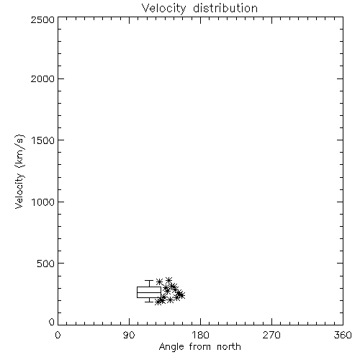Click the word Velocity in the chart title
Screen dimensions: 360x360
(164, 9)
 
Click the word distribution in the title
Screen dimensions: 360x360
(225, 8)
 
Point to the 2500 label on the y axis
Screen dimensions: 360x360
(42, 19)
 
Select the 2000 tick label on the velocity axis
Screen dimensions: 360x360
(42, 78)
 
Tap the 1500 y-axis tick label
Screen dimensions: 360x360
(43, 140)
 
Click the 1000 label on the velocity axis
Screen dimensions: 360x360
(43, 202)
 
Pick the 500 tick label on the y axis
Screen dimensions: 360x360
(45, 264)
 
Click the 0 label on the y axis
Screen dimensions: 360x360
(52, 322)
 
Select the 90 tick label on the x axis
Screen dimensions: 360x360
(129, 335)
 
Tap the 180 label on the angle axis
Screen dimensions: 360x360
(200, 335)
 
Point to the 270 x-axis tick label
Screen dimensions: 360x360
(271, 335)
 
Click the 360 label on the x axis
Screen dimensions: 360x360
(343, 335)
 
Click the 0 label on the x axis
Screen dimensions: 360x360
(58, 335)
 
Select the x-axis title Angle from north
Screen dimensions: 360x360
(200, 347)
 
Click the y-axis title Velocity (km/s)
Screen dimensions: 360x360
(19, 171)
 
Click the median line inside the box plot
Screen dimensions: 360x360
(149, 292)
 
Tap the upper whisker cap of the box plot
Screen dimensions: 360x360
(149, 280)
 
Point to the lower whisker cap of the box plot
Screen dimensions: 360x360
(149, 302)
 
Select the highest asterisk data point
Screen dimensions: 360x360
(168, 280)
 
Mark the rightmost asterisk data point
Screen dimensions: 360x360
(181, 295)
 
